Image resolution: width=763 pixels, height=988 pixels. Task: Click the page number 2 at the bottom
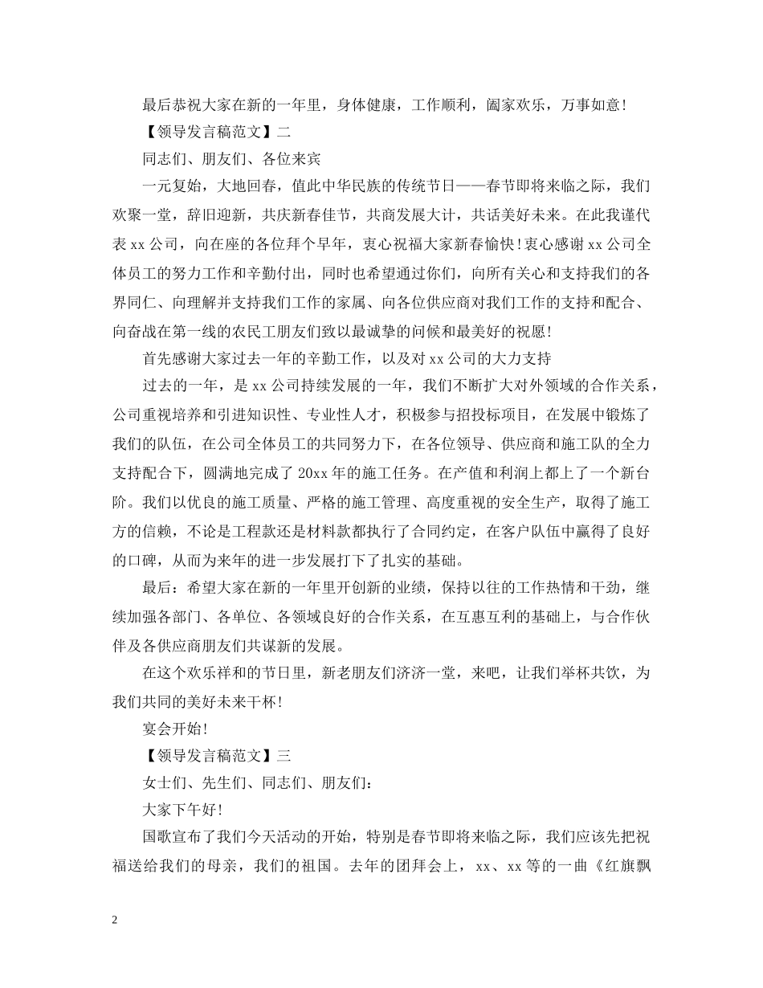tap(116, 921)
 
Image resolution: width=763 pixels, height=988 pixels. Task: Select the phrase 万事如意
tap(590, 104)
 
